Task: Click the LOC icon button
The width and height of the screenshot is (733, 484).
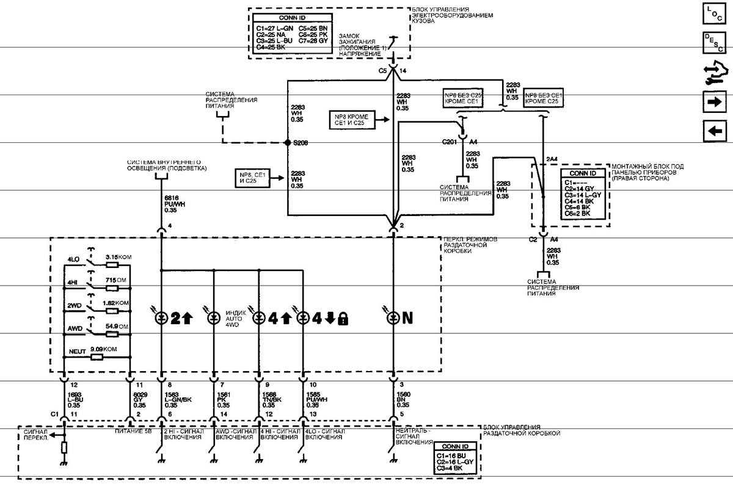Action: point(712,14)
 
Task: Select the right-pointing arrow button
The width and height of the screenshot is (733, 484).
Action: point(712,102)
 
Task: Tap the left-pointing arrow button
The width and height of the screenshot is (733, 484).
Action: point(712,130)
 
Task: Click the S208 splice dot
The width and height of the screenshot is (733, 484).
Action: point(288,143)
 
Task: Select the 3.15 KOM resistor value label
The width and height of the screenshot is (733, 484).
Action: point(118,258)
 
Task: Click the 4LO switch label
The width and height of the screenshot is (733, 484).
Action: point(73,259)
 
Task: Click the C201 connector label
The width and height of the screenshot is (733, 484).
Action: point(450,142)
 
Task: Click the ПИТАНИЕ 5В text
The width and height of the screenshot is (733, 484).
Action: point(132,431)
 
